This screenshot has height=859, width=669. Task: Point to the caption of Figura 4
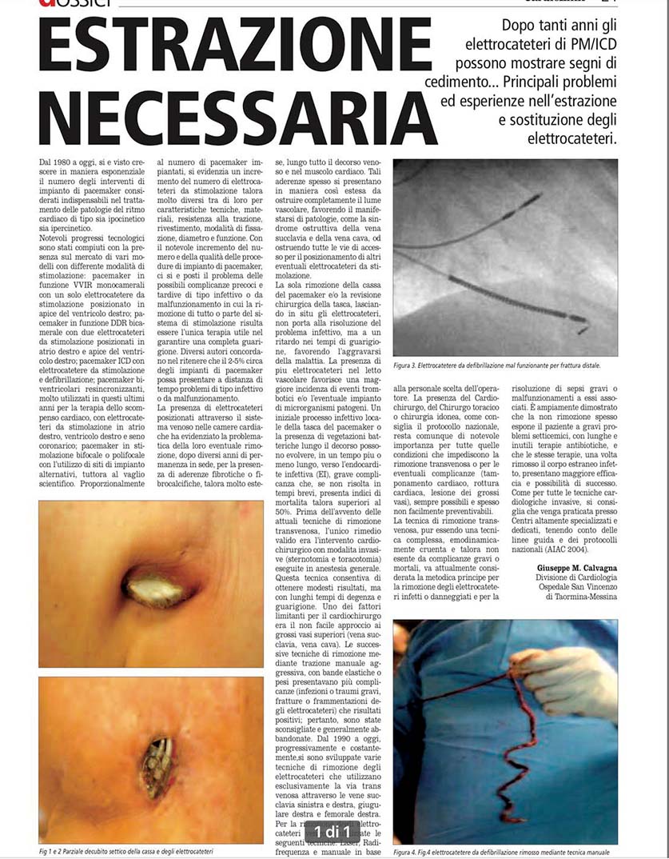505,853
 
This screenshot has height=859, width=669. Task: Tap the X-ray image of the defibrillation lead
504,258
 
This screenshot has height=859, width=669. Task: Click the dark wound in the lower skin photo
157,765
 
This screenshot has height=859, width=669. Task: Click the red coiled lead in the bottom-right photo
512,744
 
